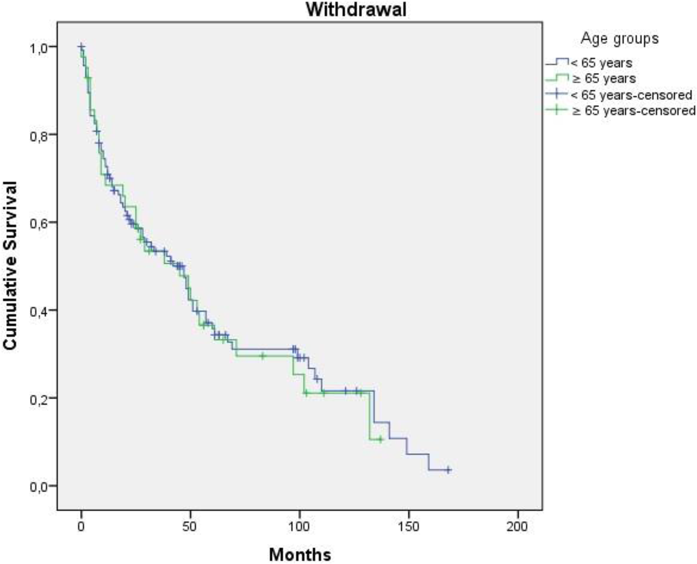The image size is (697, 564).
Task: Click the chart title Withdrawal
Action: click(x=356, y=10)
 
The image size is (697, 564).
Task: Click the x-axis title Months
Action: click(x=300, y=555)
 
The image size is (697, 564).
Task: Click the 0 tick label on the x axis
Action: click(x=81, y=526)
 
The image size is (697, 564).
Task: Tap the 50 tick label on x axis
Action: click(x=190, y=526)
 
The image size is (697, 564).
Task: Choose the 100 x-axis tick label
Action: click(x=299, y=526)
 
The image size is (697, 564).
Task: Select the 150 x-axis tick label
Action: click(x=408, y=526)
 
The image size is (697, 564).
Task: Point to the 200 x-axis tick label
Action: click(x=517, y=526)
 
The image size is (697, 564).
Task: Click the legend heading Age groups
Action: click(x=619, y=39)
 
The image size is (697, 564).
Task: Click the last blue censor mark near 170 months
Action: click(x=448, y=470)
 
